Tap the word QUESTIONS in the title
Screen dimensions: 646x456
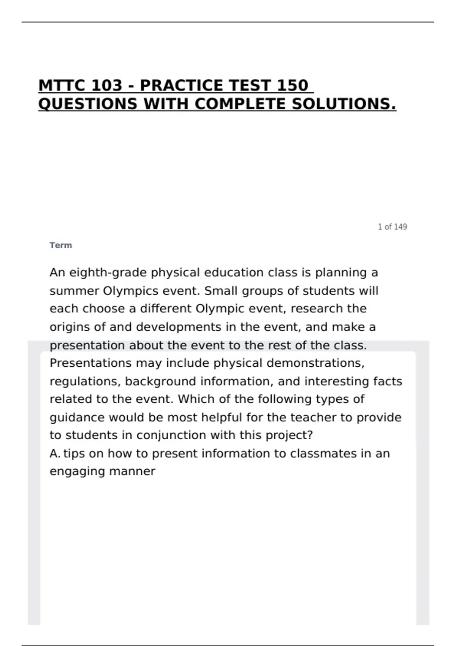tap(88, 104)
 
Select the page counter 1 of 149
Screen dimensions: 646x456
tap(392, 227)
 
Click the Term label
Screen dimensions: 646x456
tap(60, 245)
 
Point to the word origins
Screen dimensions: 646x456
tap(72, 327)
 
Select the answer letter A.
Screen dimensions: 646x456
tap(54, 454)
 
